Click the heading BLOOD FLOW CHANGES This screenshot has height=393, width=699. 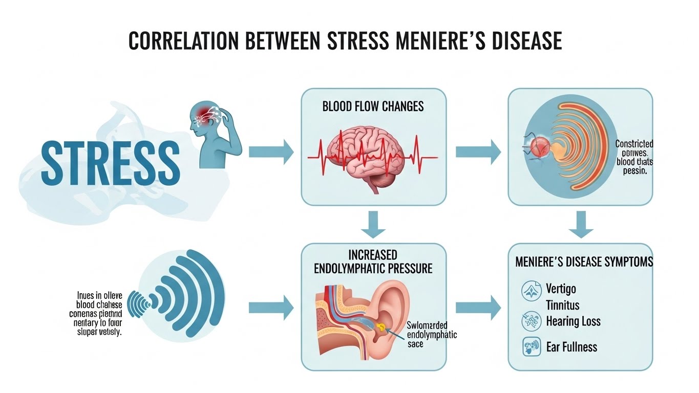pyautogui.click(x=373, y=107)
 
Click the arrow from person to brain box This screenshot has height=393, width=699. pyautogui.click(x=271, y=151)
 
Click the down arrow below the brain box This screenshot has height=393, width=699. pyautogui.click(x=373, y=225)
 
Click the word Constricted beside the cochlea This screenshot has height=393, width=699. pyautogui.click(x=634, y=144)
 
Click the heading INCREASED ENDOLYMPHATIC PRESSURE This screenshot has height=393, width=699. pyautogui.click(x=373, y=261)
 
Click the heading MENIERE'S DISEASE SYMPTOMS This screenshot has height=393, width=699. pyautogui.click(x=584, y=262)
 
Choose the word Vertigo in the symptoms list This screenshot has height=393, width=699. pyautogui.click(x=561, y=289)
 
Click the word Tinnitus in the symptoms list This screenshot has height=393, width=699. pyautogui.click(x=563, y=305)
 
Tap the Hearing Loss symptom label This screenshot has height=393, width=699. pyautogui.click(x=573, y=321)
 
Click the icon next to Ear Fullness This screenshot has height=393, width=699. pyautogui.click(x=528, y=347)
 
